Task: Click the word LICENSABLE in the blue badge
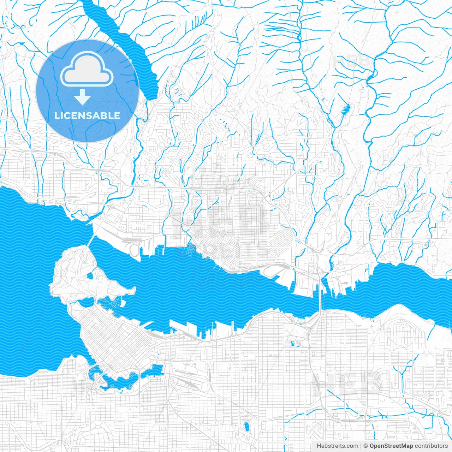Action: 87,115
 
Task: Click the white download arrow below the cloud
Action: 82,97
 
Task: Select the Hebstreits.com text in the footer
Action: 338,446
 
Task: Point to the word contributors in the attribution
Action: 431,446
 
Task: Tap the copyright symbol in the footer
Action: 366,446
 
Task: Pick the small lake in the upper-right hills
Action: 345,109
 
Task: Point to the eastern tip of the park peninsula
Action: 133,290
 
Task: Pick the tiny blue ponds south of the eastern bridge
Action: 293,343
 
